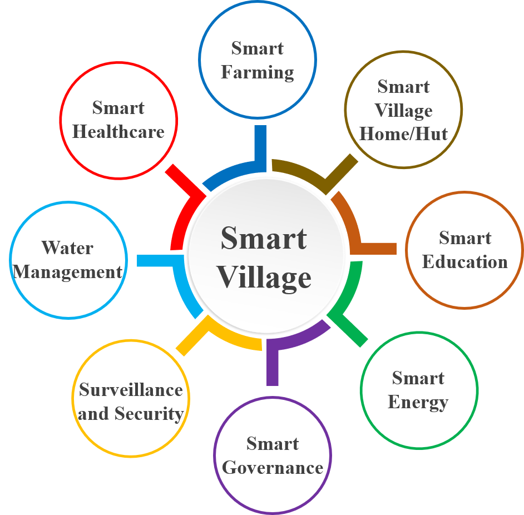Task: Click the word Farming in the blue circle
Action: click(x=258, y=72)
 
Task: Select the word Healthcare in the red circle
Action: click(x=118, y=132)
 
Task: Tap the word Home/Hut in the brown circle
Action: click(x=403, y=134)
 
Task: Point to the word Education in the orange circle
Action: click(x=465, y=262)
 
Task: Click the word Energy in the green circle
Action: click(x=418, y=402)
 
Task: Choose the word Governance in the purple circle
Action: click(x=273, y=468)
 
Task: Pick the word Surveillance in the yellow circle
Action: click(x=131, y=390)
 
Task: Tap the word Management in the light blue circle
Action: click(x=68, y=272)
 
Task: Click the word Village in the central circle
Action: click(x=264, y=278)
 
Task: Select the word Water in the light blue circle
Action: click(x=68, y=247)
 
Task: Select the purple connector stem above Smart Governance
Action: click(x=273, y=364)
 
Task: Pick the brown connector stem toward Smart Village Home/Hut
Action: click(x=341, y=170)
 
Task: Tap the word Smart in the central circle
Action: click(x=264, y=239)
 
